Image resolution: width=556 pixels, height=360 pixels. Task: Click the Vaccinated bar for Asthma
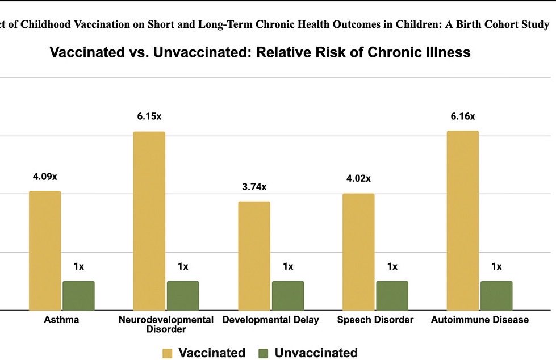click(x=45, y=250)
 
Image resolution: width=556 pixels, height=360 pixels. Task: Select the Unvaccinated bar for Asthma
click(x=78, y=295)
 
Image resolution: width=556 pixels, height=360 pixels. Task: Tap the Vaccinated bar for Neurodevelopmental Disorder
click(x=149, y=221)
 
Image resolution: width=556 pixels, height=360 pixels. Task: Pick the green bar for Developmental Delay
click(x=288, y=295)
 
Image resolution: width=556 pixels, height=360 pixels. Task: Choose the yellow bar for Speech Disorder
click(x=358, y=252)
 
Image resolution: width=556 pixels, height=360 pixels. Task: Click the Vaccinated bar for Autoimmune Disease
click(x=463, y=220)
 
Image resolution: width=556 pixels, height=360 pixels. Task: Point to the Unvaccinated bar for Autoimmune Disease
click(x=496, y=295)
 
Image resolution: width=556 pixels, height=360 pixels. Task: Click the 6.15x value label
click(x=149, y=116)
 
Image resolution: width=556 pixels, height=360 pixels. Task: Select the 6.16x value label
click(x=462, y=116)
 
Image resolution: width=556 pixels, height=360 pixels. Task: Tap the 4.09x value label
click(x=45, y=177)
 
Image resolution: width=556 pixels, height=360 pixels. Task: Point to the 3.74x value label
click(x=254, y=187)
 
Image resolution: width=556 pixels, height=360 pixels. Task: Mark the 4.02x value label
click(x=358, y=179)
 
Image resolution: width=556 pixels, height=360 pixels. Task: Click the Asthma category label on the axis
click(x=61, y=320)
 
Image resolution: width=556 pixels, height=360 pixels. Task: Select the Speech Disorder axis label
click(x=375, y=320)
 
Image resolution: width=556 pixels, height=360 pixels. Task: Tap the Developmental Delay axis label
click(x=271, y=320)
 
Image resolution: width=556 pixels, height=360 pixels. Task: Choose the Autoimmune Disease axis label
click(x=480, y=320)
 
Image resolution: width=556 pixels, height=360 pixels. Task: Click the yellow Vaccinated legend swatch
click(x=168, y=353)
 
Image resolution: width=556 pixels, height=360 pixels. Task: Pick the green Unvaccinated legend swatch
click(x=264, y=353)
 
